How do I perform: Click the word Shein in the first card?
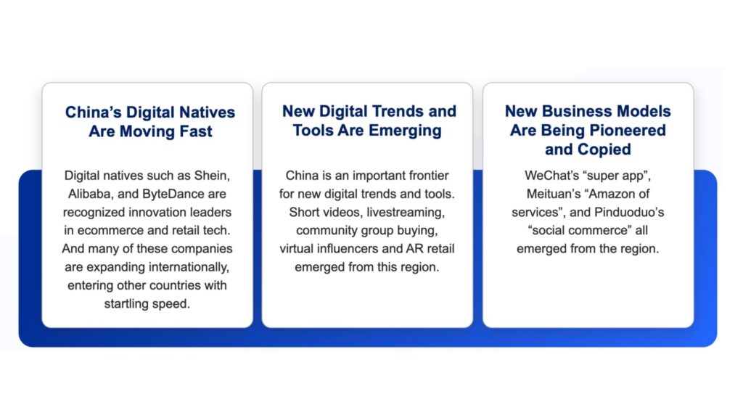[x=212, y=176]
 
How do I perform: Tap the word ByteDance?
[x=173, y=194]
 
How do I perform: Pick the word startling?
[x=125, y=304]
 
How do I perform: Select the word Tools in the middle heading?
[x=313, y=131]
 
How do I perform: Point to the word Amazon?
[x=611, y=194]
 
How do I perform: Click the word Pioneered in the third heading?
[x=629, y=131]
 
